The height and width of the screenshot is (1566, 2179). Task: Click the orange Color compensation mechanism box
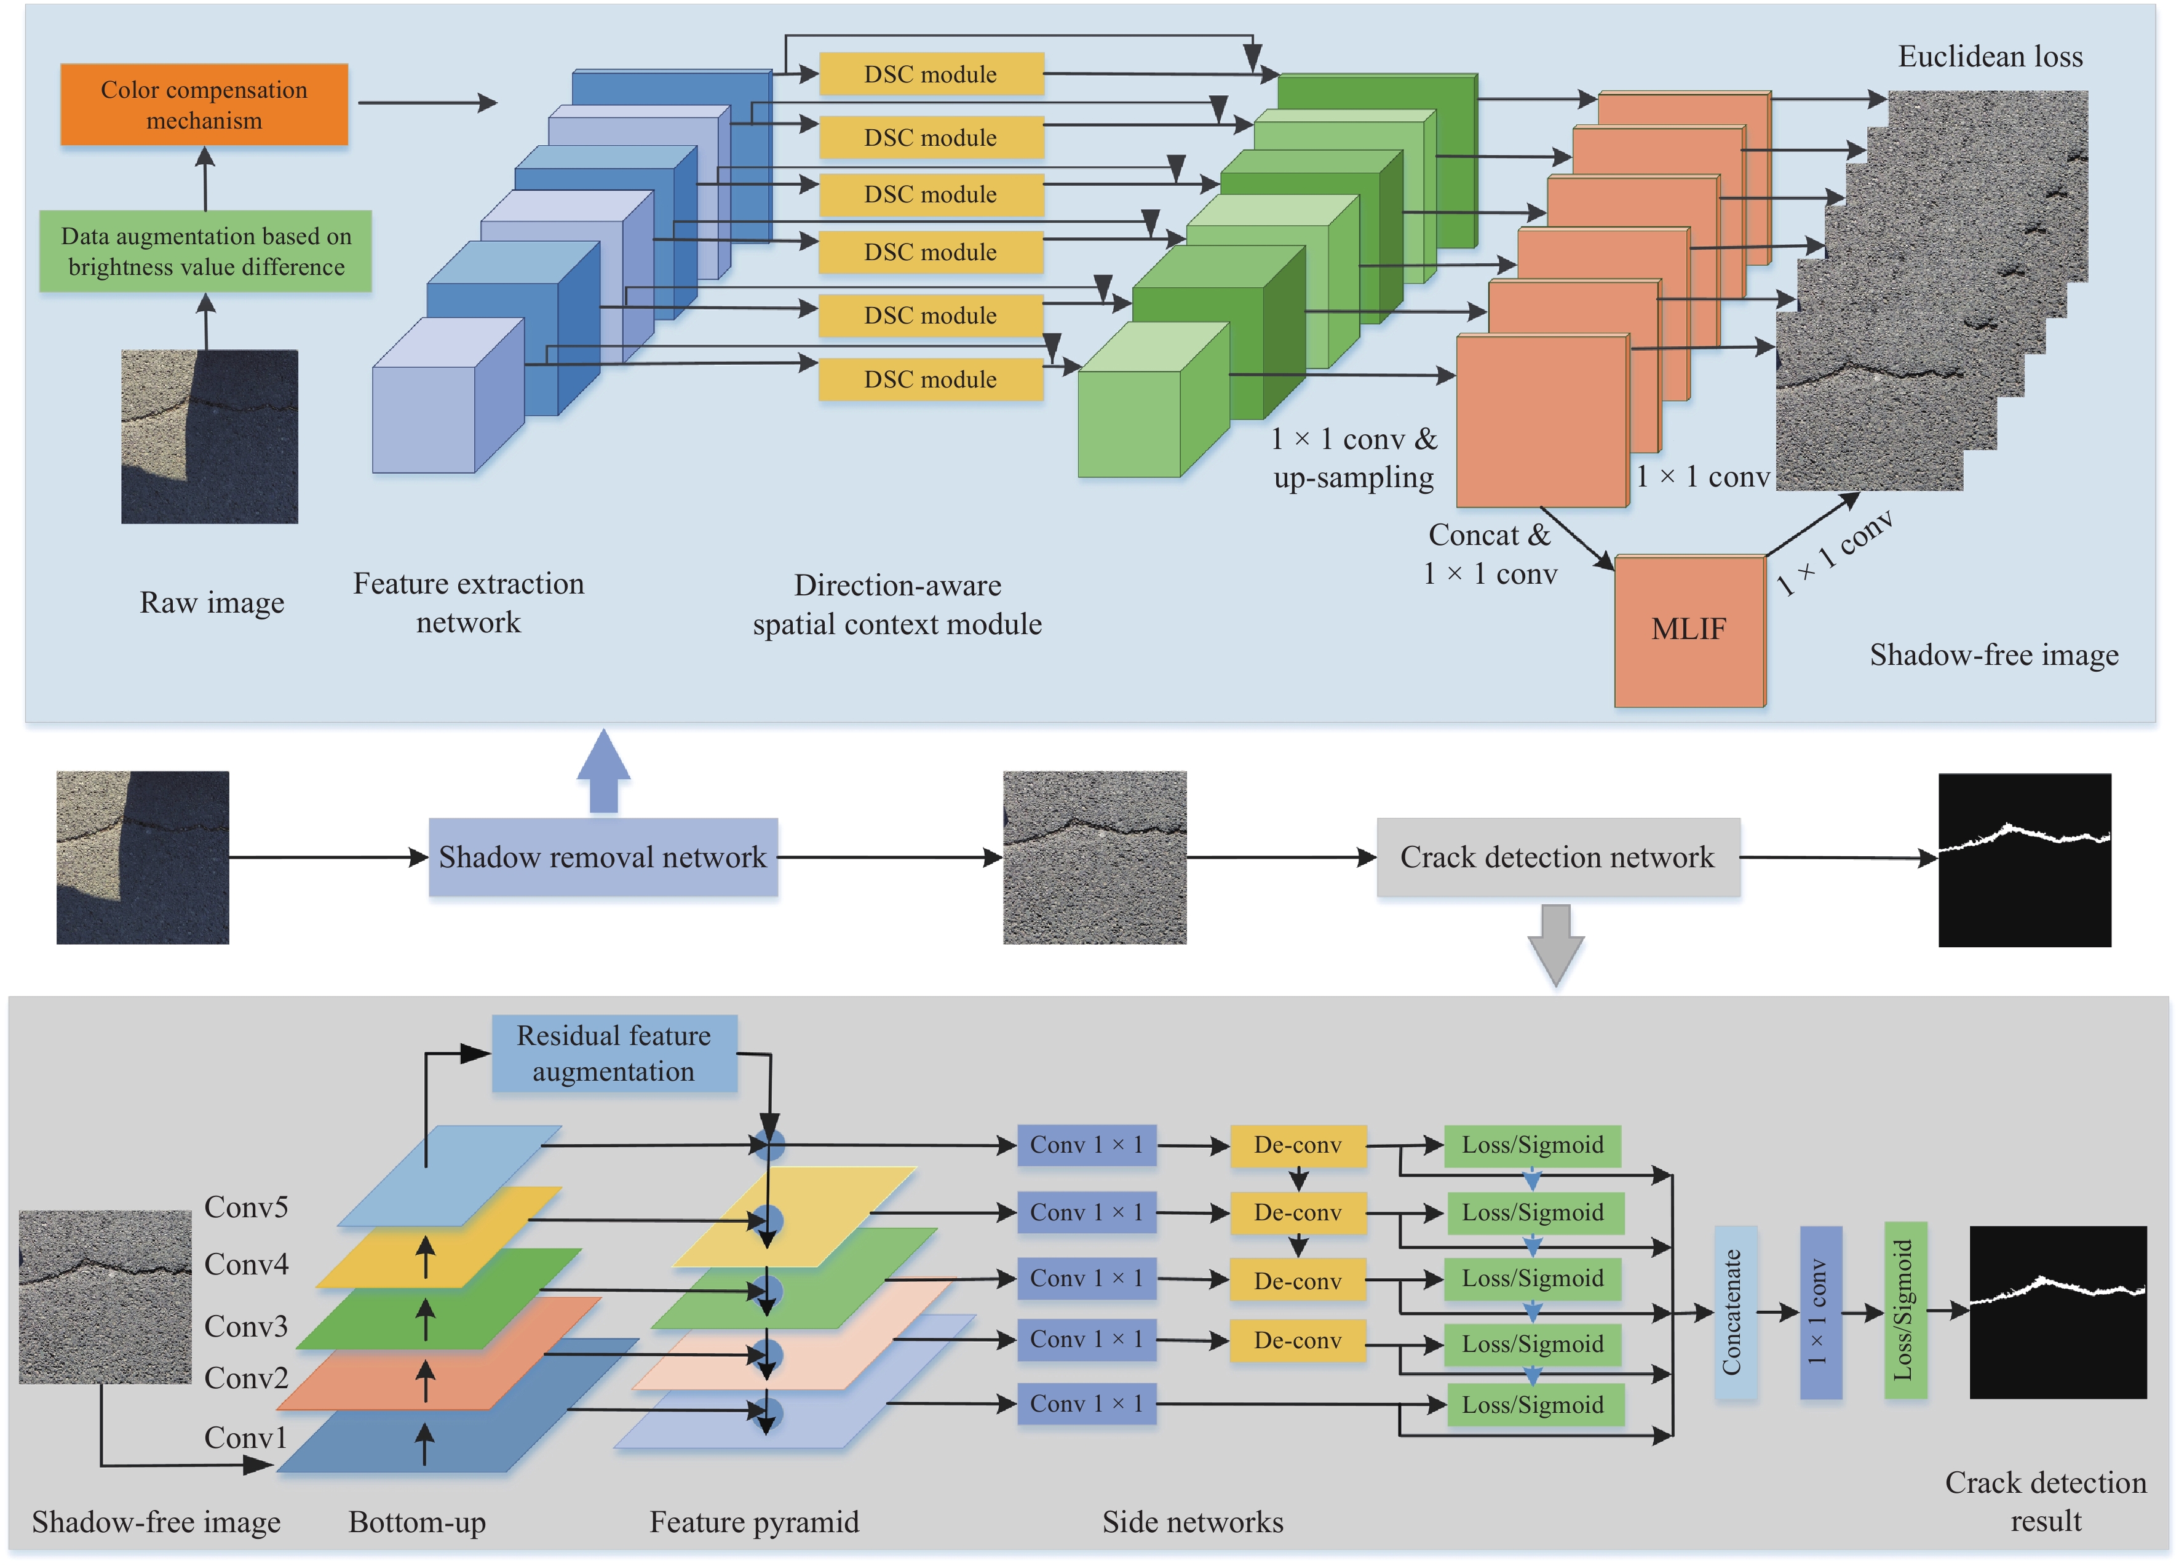pos(204,105)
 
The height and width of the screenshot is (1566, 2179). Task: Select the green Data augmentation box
pos(205,251)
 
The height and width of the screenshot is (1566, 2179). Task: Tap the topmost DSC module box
pos(930,74)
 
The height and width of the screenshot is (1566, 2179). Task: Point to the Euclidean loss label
pos(1990,57)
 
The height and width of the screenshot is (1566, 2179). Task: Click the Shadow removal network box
pos(602,856)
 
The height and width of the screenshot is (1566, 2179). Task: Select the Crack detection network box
pos(1557,856)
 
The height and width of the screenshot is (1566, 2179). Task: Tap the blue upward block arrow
pos(603,771)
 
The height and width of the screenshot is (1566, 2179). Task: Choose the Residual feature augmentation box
pos(614,1053)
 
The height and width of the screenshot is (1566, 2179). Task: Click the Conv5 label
pos(246,1207)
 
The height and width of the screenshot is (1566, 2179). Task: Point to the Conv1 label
pos(246,1437)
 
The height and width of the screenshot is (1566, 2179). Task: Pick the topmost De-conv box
pos(1297,1145)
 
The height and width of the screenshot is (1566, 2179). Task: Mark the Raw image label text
pos(212,602)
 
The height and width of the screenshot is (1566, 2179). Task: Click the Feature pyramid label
pos(753,1522)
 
